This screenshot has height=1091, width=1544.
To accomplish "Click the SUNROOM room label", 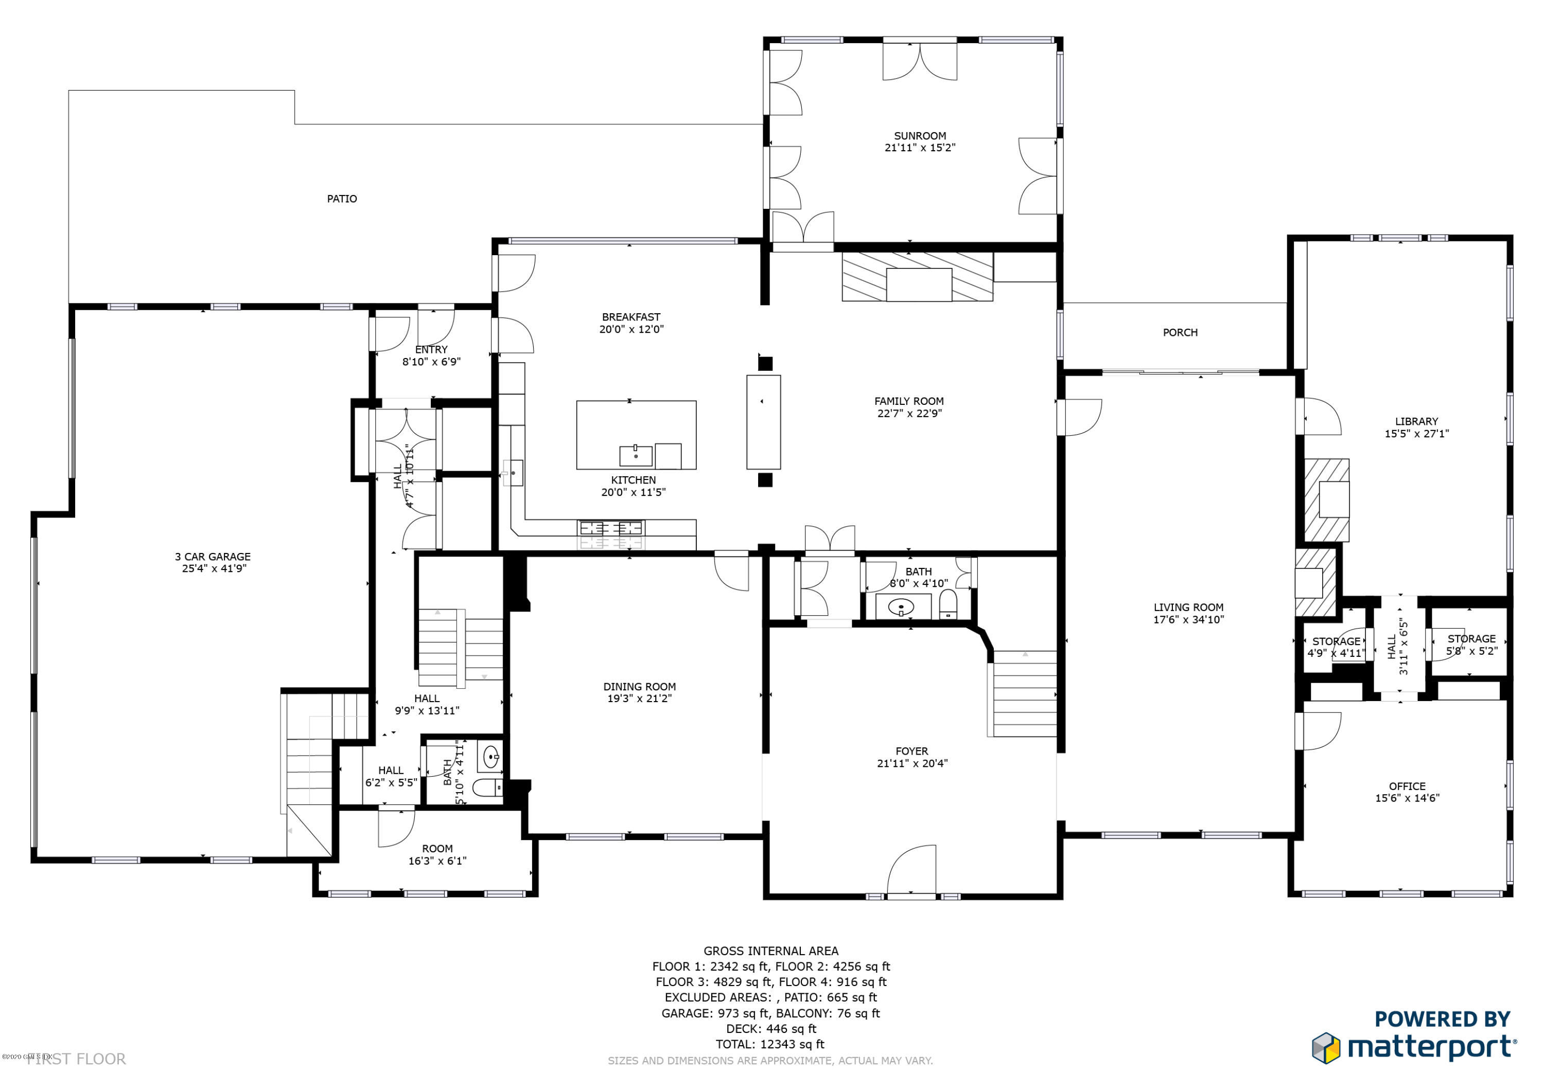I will click(919, 136).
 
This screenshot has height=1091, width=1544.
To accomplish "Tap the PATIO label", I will click(342, 199).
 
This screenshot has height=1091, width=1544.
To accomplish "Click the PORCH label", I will click(1180, 333).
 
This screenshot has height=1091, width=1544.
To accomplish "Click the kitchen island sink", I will click(636, 456).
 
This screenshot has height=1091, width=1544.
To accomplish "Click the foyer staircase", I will click(1024, 694).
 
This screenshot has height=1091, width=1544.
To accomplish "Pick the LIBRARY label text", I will click(1416, 421).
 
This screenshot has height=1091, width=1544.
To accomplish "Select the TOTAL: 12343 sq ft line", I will click(770, 1044).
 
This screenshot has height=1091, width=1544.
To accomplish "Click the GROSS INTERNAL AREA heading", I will click(770, 951).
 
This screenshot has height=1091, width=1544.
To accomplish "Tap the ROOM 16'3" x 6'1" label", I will click(437, 854).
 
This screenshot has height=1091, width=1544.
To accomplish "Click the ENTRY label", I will click(431, 350).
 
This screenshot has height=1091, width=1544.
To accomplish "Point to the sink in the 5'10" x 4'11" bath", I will click(490, 757).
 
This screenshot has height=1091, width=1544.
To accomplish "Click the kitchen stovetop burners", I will click(610, 528).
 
